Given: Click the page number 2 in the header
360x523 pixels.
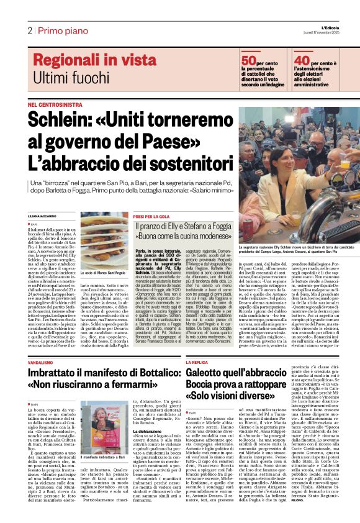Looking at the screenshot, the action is (x=29, y=30).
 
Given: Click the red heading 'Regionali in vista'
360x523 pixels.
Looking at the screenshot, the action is (x=94, y=60).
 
